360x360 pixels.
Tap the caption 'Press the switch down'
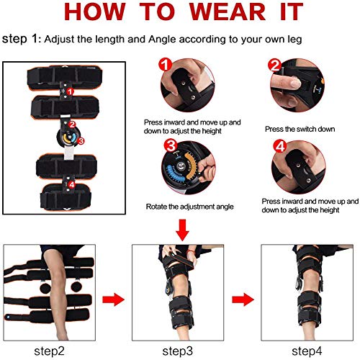pyautogui.click(x=298, y=129)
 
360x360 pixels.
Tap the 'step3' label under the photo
pyautogui.click(x=177, y=351)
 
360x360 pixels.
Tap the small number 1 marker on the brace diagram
pyautogui.click(x=69, y=91)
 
